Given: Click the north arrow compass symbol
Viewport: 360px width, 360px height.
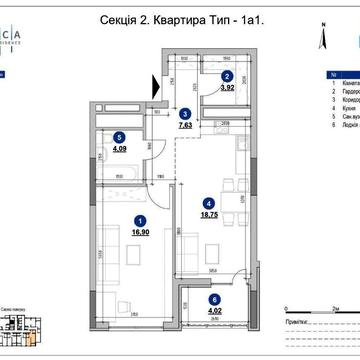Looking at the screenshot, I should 323,38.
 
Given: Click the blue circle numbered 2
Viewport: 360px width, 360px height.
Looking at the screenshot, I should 227,77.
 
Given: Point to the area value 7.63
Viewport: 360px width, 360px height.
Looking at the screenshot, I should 185,125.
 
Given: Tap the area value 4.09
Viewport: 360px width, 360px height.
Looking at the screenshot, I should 120,152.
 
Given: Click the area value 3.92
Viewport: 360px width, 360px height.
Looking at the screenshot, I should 227,88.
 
